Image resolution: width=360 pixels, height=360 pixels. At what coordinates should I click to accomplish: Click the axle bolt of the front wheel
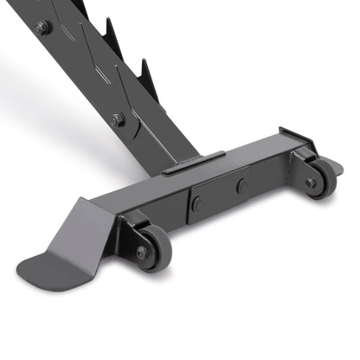(x=143, y=252)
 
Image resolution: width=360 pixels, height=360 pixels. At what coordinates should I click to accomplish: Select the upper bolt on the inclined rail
(x=42, y=28)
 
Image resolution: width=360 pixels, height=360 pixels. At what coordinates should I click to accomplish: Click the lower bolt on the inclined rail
(x=117, y=119)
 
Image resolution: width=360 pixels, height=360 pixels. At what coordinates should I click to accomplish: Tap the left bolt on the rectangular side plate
(x=197, y=204)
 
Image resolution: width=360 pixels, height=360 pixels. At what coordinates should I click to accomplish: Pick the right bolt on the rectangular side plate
(x=242, y=185)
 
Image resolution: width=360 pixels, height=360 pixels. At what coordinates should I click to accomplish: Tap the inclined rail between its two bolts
(x=82, y=74)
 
